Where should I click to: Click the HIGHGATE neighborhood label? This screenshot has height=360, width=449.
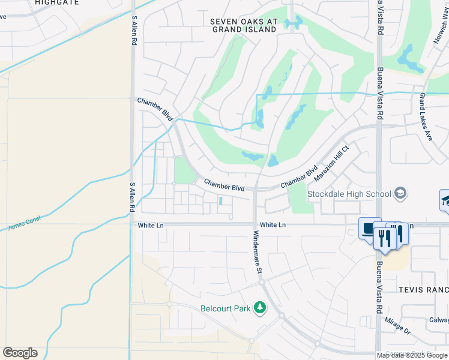tap(56, 3)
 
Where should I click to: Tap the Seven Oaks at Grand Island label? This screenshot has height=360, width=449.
tap(244, 25)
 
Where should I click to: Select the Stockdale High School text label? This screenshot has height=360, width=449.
tap(349, 194)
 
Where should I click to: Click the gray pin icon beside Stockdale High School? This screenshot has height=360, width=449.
tap(400, 193)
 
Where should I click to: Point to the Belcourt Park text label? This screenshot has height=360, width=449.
tap(226, 309)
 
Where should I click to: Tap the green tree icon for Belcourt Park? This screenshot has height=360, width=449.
tap(259, 308)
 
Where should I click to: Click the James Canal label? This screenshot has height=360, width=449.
tap(23, 227)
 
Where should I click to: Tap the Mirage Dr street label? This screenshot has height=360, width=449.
tap(398, 326)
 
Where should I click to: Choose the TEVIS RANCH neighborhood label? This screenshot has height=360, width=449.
tap(423, 290)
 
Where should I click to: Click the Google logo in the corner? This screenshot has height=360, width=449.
tap(20, 353)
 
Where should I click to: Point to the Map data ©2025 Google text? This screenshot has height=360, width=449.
tap(412, 355)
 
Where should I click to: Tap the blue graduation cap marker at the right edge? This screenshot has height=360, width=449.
tap(445, 200)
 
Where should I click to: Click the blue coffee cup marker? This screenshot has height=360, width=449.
tap(369, 227)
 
